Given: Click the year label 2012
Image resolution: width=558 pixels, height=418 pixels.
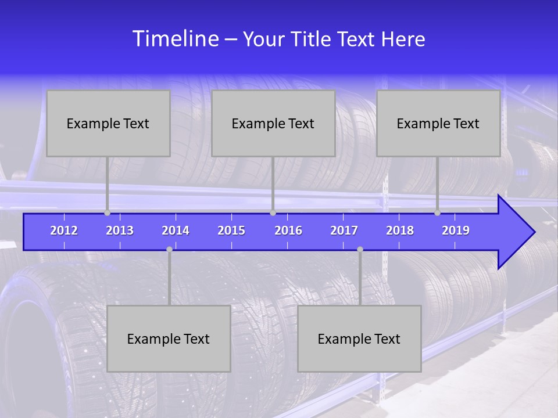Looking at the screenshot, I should pos(64,230).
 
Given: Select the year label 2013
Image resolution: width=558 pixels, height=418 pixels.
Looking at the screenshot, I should pos(120,230).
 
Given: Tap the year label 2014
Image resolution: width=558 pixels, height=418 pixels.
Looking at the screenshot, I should pos(176,230).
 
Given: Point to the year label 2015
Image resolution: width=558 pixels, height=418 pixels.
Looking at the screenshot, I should pos(231,230).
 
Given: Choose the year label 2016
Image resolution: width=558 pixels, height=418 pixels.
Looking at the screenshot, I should pos(288,230).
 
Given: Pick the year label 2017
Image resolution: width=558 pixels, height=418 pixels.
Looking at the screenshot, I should pos(344,230).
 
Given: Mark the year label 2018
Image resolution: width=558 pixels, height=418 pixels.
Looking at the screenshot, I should pos(400,230).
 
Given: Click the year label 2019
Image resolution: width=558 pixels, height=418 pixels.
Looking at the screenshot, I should pos(456,230).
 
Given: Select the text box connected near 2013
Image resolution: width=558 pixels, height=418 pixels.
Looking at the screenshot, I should pos(108,123).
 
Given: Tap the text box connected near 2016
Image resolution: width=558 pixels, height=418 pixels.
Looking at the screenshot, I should pos(273,123).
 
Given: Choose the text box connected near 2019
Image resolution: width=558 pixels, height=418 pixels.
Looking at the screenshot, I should pos(438,123).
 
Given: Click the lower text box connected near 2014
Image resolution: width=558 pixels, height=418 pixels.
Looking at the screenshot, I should pos(169,338).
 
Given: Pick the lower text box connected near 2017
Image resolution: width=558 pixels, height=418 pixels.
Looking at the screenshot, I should pos(359,338).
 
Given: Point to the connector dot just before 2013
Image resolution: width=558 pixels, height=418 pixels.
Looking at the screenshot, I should pos(108,213).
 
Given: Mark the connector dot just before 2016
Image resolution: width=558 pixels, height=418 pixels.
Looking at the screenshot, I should pos(273,213).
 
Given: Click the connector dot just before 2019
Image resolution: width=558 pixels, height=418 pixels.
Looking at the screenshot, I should pos(438,213).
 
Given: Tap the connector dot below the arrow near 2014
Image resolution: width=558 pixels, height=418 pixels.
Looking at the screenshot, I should pos(169,250).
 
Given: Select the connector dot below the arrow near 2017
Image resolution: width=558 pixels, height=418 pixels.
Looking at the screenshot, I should pos(360,250).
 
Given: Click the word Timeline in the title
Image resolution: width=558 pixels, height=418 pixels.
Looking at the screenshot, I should pos(176,38).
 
